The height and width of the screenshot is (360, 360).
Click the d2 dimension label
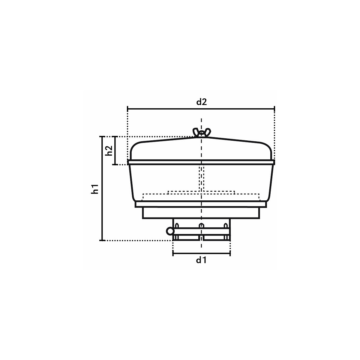tap(202, 102)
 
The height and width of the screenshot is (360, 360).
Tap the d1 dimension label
tap(201, 260)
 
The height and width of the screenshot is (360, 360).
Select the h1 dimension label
tap(95, 189)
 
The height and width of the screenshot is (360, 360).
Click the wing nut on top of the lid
tap(201, 132)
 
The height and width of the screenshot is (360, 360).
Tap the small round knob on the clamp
tap(170, 232)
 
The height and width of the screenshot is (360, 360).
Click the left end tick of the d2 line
tap(127, 109)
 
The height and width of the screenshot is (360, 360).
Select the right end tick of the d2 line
tap(274, 109)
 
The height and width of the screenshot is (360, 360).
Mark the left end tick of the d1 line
tap(173, 253)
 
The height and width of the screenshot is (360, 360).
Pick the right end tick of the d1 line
tap(230, 253)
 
